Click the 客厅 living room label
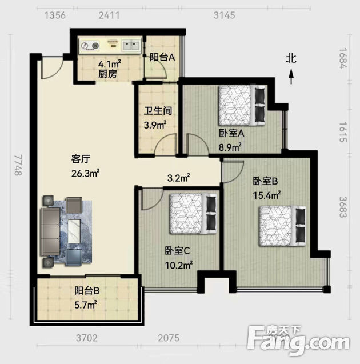(81, 159)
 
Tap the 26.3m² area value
(85, 173)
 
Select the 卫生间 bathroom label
(158, 111)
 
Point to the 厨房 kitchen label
(107, 74)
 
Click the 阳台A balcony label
(162, 57)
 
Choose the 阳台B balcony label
(87, 291)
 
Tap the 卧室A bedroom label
(231, 133)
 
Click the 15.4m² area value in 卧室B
(267, 195)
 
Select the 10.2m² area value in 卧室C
(179, 265)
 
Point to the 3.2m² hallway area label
(179, 178)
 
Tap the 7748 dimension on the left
(18, 165)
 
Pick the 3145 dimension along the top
(224, 15)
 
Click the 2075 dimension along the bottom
(169, 338)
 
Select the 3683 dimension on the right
(343, 207)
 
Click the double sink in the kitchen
(131, 45)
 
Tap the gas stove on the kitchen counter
(90, 45)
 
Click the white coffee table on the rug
(74, 231)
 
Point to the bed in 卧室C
(193, 213)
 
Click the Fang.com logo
(298, 340)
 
